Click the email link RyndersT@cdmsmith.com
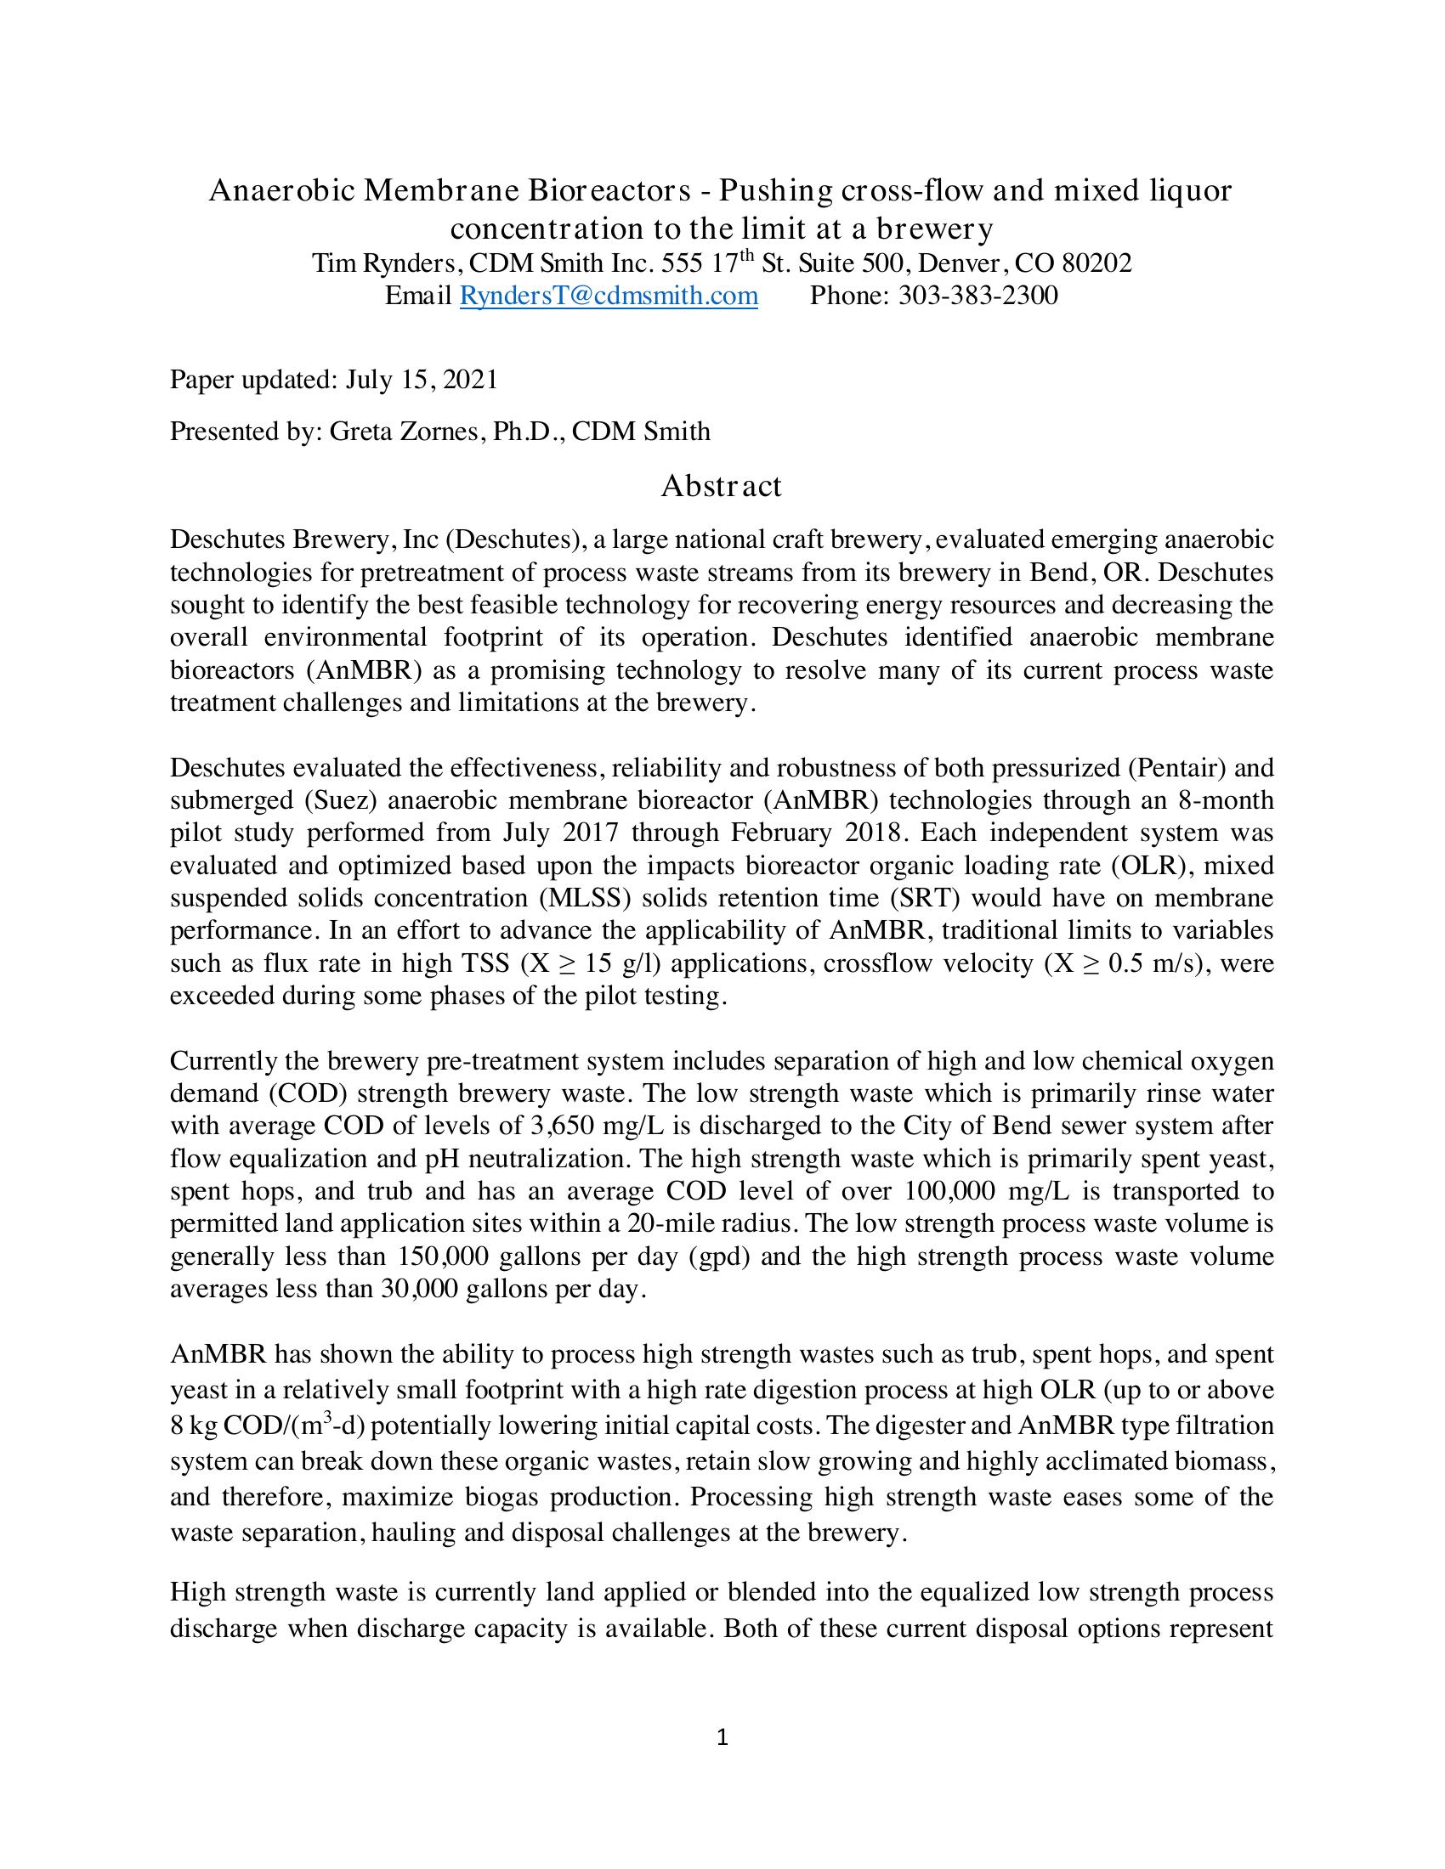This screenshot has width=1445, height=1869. pyautogui.click(x=609, y=296)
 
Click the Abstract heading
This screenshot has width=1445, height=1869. pyautogui.click(x=721, y=486)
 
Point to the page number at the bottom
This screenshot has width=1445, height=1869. pyautogui.click(x=722, y=1737)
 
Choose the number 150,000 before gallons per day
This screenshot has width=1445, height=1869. pyautogui.click(x=443, y=1256)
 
